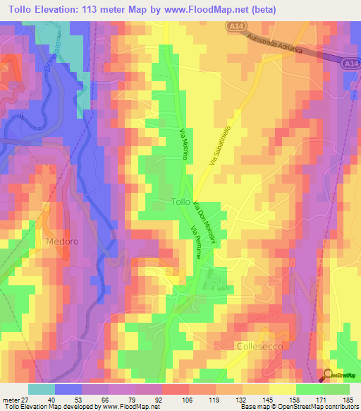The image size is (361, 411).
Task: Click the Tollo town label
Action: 180,202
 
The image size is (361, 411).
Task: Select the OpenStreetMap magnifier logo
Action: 329,375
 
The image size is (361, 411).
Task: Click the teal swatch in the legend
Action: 42,389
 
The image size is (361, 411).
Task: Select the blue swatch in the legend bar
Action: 68,389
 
